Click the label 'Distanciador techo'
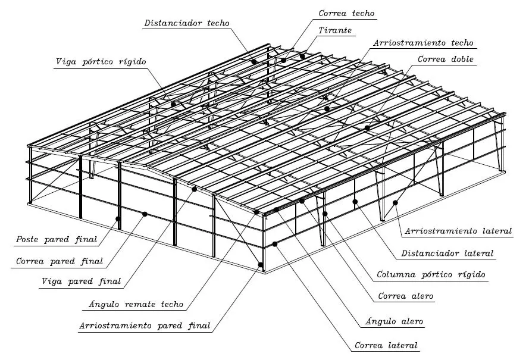[186, 23]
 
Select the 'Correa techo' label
[347, 12]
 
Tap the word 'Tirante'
[335, 29]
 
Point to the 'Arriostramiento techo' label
[423, 43]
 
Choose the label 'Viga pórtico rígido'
[101, 61]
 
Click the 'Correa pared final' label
[60, 261]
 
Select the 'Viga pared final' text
[81, 281]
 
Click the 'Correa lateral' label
[386, 345]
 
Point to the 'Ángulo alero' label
[393, 321]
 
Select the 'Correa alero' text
[406, 296]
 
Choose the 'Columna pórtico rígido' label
[431, 275]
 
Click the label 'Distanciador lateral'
[447, 253]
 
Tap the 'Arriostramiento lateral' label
[458, 231]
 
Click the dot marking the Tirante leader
[302, 56]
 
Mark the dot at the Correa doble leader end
[367, 128]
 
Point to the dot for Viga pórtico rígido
[173, 104]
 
